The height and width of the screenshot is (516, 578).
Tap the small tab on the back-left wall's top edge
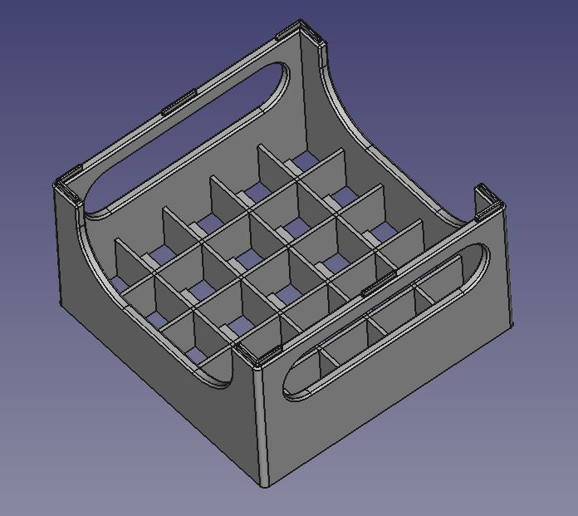pyautogui.click(x=179, y=101)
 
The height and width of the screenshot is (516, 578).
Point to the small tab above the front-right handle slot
pyautogui.click(x=378, y=285)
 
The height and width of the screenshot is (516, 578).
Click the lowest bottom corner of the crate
pyautogui.click(x=264, y=485)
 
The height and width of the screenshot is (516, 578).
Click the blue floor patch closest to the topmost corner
pyautogui.click(x=303, y=160)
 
